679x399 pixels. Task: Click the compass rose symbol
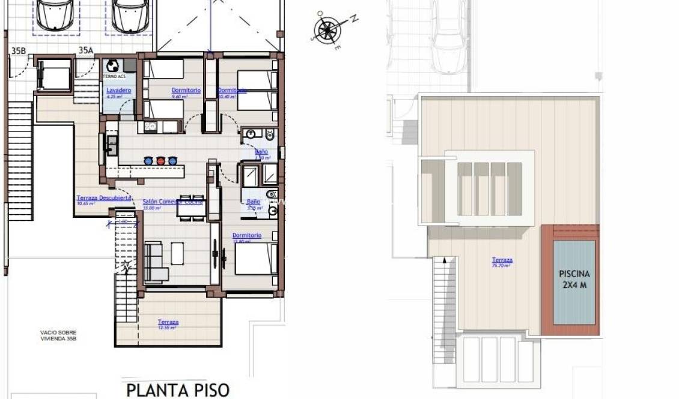[327, 28]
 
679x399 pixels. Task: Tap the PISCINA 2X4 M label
[574, 280]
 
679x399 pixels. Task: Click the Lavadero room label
[118, 91]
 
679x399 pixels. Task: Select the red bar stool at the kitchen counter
[160, 161]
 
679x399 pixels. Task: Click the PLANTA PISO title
[178, 389]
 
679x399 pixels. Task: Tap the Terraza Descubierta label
[104, 198]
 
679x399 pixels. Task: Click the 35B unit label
[19, 51]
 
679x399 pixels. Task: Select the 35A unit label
[86, 51]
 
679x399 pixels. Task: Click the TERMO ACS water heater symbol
[112, 66]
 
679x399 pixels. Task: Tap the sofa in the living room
[155, 262]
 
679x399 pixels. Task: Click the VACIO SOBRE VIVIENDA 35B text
[58, 335]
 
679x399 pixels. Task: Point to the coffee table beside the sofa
[178, 253]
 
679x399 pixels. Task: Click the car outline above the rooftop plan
[449, 37]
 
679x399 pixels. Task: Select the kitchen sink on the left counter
[112, 144]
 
